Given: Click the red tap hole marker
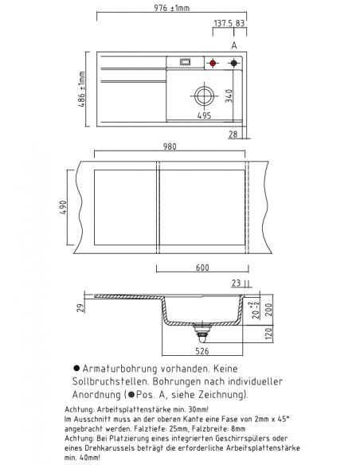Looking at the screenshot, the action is click(x=213, y=63).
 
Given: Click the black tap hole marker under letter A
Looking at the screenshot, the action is click(x=234, y=63).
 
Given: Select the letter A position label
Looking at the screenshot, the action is click(x=234, y=45).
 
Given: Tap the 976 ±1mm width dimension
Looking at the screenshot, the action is click(x=172, y=8).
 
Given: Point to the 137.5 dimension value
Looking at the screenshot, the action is click(x=223, y=23).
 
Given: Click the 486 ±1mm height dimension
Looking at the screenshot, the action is click(x=82, y=89).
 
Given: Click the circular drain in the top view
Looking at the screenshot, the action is click(x=204, y=96).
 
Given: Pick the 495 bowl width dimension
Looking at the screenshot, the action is click(x=205, y=115).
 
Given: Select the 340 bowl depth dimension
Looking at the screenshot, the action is click(x=229, y=96).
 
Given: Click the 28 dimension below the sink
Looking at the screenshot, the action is click(x=233, y=135).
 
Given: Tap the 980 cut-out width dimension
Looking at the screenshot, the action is click(x=170, y=147).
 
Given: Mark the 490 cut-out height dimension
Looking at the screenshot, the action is click(x=63, y=208).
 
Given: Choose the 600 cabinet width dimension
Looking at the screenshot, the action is click(x=202, y=268).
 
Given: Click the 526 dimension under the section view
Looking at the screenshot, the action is click(x=202, y=351).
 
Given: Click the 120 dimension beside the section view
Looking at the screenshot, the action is click(x=268, y=334).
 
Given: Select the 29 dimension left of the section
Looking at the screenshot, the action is click(x=80, y=308).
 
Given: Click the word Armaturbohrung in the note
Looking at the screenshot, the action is click(x=119, y=369).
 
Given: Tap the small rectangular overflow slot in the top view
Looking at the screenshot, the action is click(x=186, y=62).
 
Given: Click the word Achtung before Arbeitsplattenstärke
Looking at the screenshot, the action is click(x=79, y=409).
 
